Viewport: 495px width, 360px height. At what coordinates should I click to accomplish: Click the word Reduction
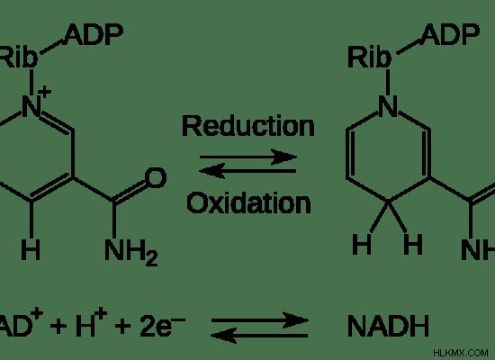pos(248,126)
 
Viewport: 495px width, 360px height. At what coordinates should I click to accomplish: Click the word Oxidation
pos(248,202)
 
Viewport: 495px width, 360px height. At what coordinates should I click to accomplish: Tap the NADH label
pos(388,326)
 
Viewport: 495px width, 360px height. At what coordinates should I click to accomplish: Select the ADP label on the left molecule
pos(94,34)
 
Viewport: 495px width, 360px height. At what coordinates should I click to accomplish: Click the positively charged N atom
pos(31,106)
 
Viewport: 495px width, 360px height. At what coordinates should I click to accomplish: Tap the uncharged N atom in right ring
pos(388,106)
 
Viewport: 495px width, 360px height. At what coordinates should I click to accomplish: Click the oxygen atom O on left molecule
pos(156,178)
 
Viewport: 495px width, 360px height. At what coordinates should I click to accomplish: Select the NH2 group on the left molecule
pos(131,251)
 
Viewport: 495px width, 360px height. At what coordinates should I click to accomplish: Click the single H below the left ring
pos(31,249)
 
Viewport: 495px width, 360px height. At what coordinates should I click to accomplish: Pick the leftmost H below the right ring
pos(362,244)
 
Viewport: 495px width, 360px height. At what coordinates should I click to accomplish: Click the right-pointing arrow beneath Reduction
pos(248,157)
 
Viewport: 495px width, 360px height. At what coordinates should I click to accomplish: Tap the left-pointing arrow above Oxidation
pos(247,171)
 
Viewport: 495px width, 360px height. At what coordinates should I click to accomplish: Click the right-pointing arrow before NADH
pos(259,320)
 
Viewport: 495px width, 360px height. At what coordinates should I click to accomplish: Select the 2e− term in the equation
pos(162,325)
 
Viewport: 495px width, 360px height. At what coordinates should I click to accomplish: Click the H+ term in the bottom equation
pos(92,323)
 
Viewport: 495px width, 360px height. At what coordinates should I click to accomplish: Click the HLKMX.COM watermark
pos(461,353)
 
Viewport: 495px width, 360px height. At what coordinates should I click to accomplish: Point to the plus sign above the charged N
pos(44,92)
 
